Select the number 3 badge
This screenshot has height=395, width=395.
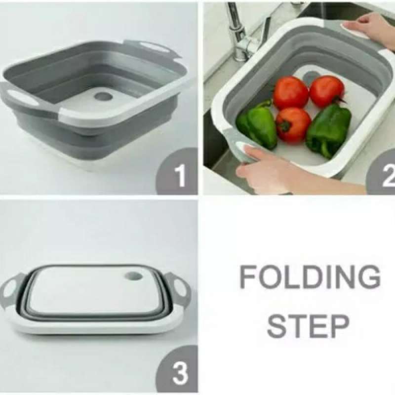(x=177, y=372)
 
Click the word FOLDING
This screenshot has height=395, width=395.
(x=310, y=277)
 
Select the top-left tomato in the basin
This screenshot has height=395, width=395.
(x=290, y=92)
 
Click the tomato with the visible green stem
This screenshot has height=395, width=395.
(x=293, y=124)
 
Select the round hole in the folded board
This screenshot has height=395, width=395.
(x=133, y=277)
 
